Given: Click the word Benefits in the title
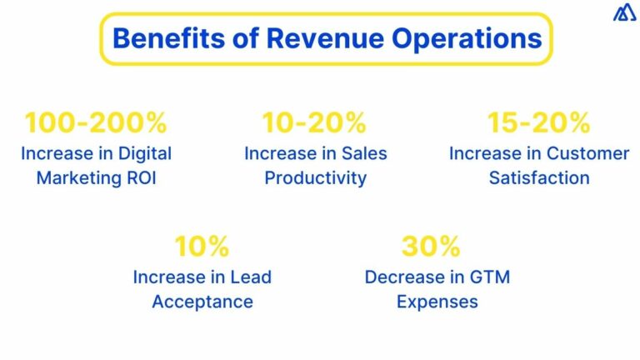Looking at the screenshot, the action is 168,38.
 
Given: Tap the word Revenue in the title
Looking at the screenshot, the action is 325,38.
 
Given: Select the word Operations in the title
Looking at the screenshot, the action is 467,39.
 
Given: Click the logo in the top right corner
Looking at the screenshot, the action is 624,12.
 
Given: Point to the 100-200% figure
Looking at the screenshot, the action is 96,122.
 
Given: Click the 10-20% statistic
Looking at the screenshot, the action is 314,122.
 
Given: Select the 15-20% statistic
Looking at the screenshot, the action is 539,122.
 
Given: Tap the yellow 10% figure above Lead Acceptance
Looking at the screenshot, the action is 202,246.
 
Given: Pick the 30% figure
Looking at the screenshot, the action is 431,246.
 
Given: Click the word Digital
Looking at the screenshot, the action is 145,154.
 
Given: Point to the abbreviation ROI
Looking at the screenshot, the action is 142,178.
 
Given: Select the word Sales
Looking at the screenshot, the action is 364,154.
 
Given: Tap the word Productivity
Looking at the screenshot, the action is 316,178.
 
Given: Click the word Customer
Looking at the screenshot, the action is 587,154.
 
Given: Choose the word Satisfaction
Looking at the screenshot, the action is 539,178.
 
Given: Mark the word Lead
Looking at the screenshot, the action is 251,277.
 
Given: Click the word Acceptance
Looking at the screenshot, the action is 202,302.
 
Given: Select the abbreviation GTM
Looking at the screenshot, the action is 490,277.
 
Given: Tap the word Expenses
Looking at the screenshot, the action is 437,302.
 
